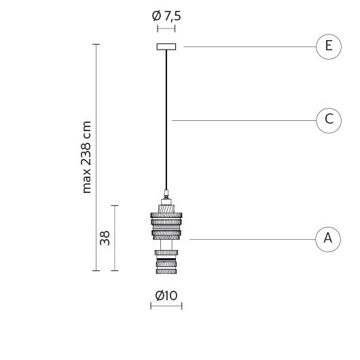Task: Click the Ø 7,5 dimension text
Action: (x=166, y=16)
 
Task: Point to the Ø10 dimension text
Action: (x=166, y=295)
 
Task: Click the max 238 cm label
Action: (x=86, y=158)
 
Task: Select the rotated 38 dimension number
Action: (x=105, y=238)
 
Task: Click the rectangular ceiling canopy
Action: (x=166, y=47)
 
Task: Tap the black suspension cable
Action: (x=166, y=120)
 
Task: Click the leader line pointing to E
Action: (x=250, y=47)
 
